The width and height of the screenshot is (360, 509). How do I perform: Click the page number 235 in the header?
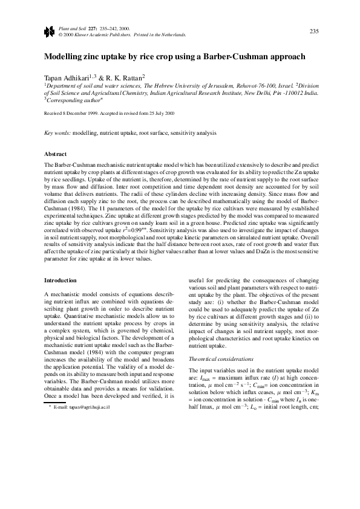[313, 31]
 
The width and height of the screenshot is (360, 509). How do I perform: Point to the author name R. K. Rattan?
[125, 78]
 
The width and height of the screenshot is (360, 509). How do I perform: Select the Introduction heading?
[61, 280]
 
